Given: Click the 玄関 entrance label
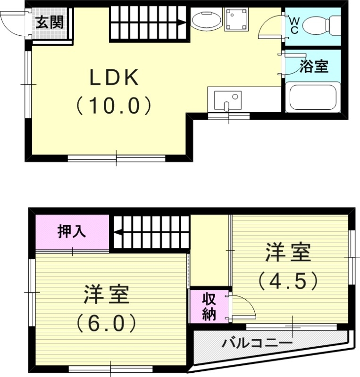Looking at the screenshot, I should pyautogui.click(x=49, y=22).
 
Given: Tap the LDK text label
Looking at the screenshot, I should pyautogui.click(x=115, y=78).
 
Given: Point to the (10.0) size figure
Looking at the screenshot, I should pyautogui.click(x=114, y=106).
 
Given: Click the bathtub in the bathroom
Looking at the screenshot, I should pyautogui.click(x=313, y=97).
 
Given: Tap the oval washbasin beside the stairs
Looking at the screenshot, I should pyautogui.click(x=206, y=21).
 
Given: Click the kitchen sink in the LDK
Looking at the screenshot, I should pyautogui.click(x=227, y=99).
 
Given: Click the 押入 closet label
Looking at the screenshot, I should pyautogui.click(x=72, y=232).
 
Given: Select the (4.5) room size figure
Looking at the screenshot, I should pyautogui.click(x=287, y=281).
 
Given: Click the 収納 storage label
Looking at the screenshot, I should pyautogui.click(x=209, y=306).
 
